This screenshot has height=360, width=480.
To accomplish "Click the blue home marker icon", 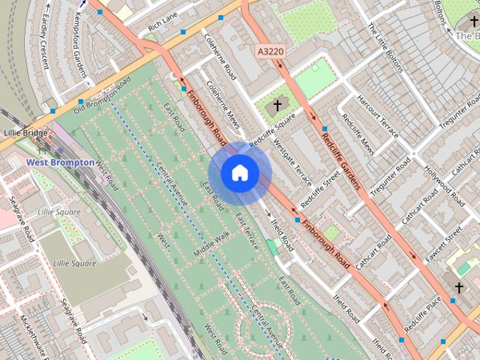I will [x=239, y=173].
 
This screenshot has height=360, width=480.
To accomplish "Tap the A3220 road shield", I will [x=271, y=51].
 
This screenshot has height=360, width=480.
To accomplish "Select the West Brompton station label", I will [x=61, y=162].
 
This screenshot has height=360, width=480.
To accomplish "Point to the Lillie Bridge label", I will [x=25, y=133].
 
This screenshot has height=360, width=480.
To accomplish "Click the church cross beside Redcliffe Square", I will [x=277, y=106].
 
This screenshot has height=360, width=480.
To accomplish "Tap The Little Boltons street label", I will [x=386, y=48].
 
